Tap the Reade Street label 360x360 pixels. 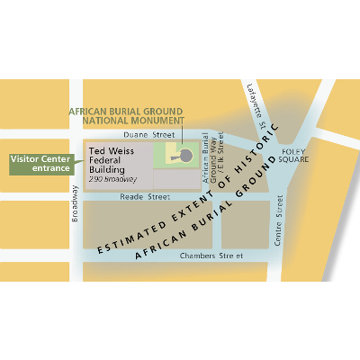(x=145, y=195)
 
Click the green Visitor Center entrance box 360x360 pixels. (x=41, y=165)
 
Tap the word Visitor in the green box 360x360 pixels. (x=27, y=159)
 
